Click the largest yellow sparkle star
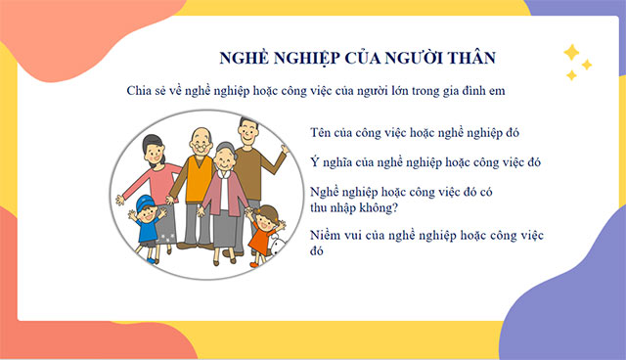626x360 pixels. [x=570, y=53]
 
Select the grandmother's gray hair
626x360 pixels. [x=226, y=148]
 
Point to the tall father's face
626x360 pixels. [x=248, y=131]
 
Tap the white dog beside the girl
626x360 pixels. [x=278, y=248]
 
